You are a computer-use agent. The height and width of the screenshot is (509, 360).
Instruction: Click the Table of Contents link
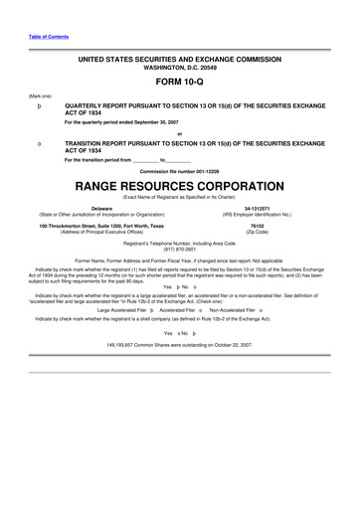pos(27,37)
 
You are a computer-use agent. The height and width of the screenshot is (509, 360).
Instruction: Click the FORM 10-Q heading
pos(179,85)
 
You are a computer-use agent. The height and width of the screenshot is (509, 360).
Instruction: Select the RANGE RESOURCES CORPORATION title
pos(179,186)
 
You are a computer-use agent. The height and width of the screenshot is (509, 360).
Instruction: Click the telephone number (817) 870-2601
pos(179,249)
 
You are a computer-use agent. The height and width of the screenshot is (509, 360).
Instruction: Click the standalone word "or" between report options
pos(179,133)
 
